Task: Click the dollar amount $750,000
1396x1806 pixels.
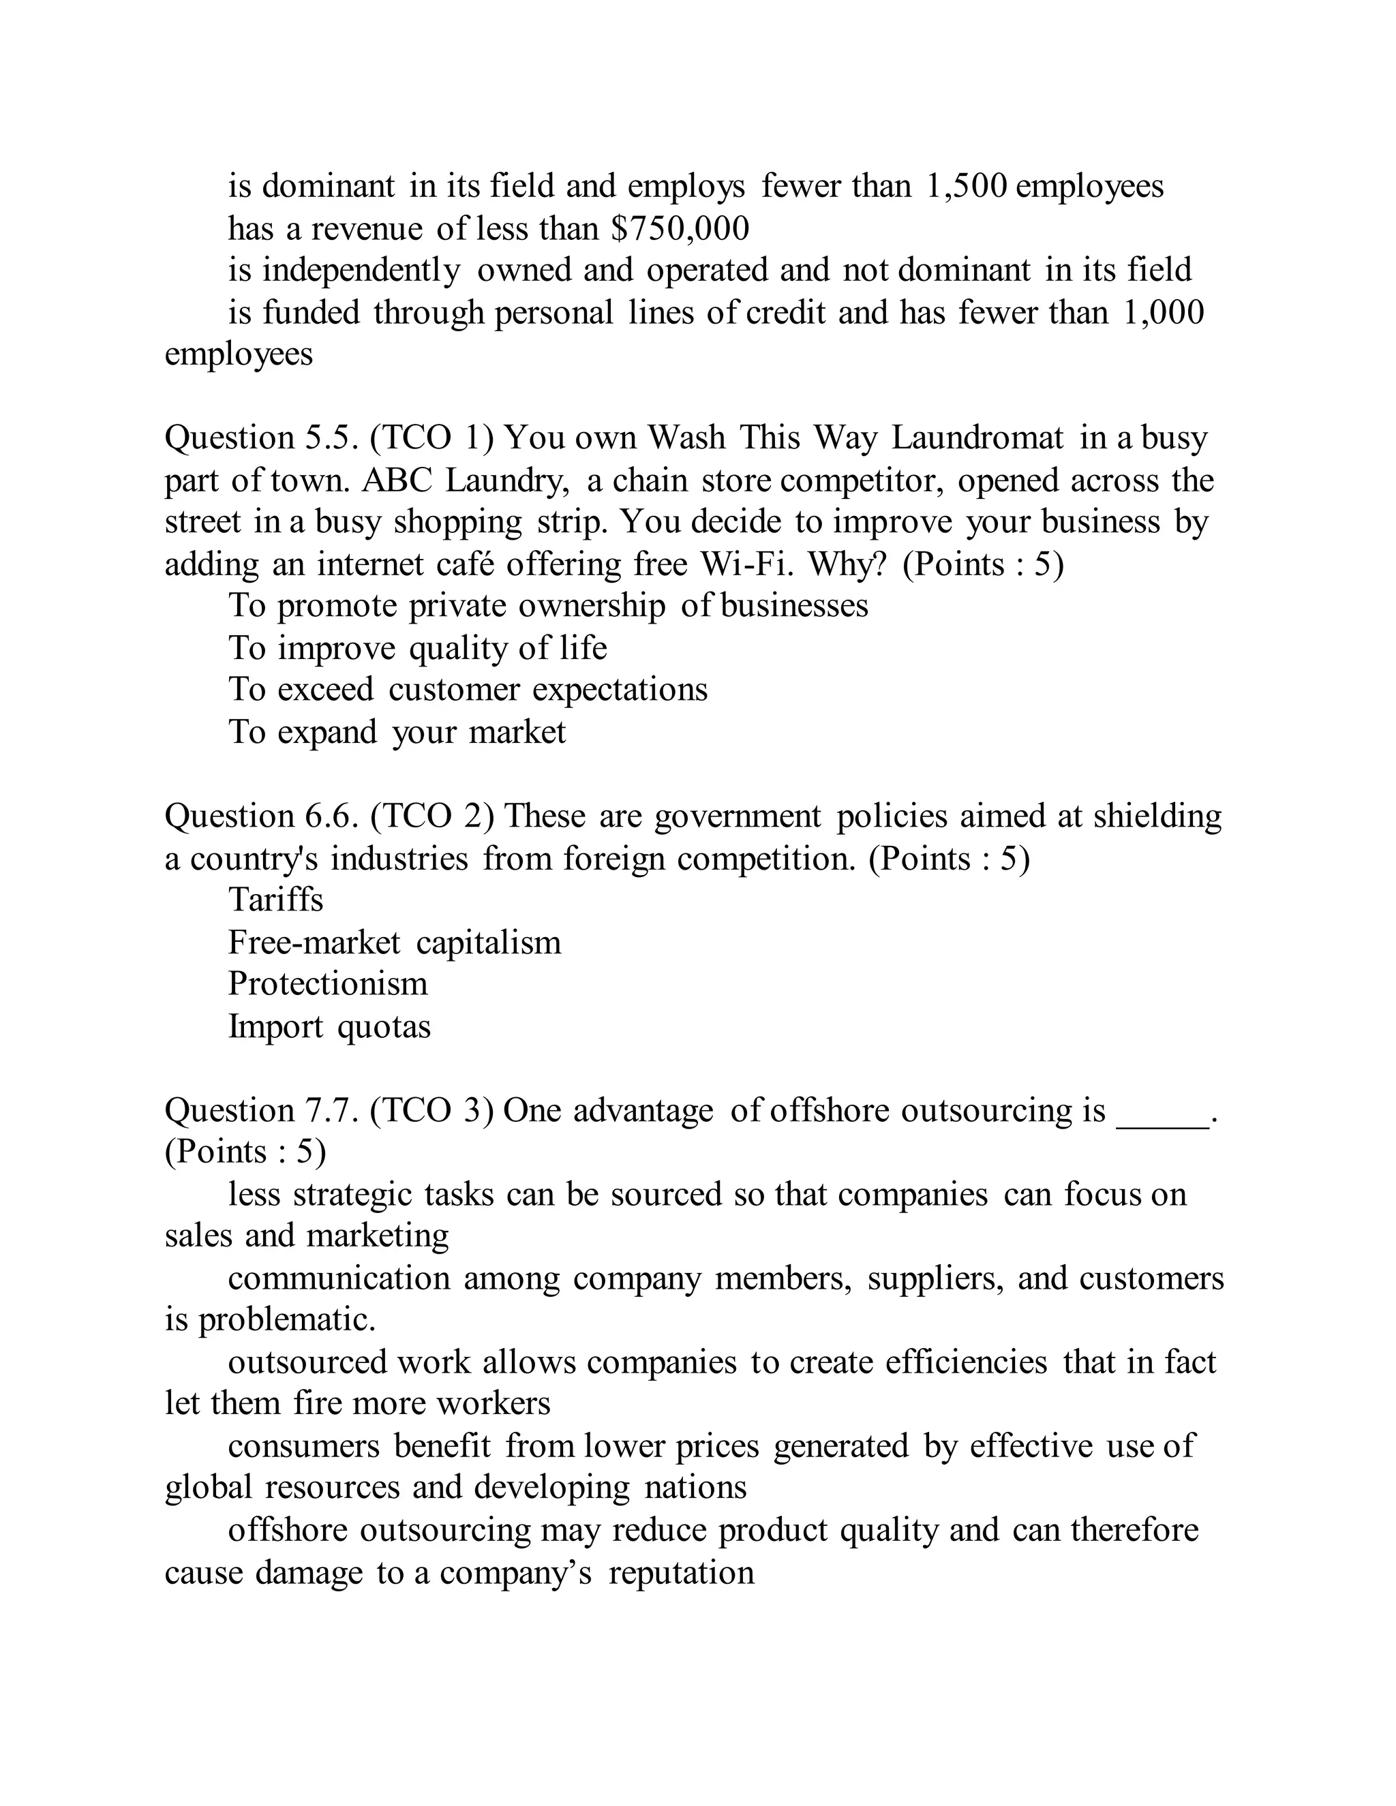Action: (680, 229)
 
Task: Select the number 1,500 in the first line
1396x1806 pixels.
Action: (965, 187)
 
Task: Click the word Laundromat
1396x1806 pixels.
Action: (977, 438)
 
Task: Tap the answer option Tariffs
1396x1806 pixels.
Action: (275, 900)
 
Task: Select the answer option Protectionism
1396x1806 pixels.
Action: (327, 984)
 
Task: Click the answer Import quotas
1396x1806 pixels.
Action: (329, 1027)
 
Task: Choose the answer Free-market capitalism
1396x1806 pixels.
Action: (395, 943)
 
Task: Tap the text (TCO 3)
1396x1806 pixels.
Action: (431, 1111)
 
